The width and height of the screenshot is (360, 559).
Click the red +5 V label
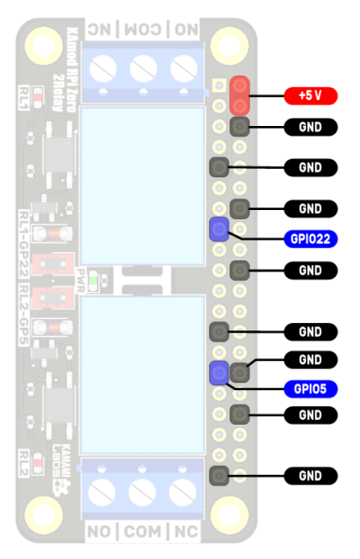coord(310,95)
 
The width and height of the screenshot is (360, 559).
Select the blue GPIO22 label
coord(310,238)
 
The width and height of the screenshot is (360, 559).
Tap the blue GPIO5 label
coord(310,388)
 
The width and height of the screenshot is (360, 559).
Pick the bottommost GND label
coord(310,477)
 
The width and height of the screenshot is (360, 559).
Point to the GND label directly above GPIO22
coord(310,208)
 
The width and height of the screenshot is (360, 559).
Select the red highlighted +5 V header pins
coord(240,95)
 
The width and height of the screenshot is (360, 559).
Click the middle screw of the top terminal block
coord(142,68)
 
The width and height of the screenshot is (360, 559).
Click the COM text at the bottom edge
coord(142,532)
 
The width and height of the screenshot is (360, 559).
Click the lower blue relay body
coord(142,373)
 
